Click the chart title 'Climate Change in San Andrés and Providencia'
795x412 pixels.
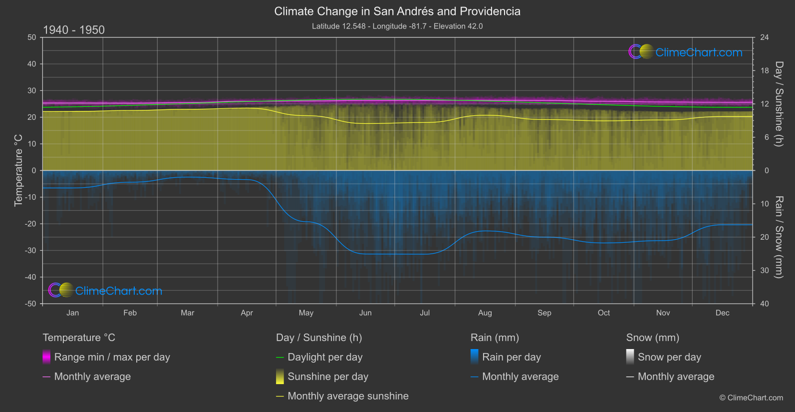(397, 11)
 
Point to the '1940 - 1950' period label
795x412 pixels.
(74, 30)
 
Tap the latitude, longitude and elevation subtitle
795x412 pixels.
(397, 26)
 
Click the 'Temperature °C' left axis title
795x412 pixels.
(18, 170)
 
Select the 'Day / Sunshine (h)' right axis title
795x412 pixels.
(779, 104)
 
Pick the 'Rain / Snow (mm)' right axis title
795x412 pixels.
(779, 237)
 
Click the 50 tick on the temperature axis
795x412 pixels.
(32, 37)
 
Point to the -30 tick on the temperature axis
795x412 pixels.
(30, 250)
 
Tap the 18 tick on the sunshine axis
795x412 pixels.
(765, 71)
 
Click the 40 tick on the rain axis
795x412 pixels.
(765, 304)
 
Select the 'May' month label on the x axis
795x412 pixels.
(306, 313)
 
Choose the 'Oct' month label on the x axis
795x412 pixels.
(604, 313)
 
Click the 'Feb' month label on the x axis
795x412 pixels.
(130, 313)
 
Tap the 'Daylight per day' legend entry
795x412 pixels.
(325, 357)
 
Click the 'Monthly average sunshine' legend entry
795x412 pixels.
(348, 396)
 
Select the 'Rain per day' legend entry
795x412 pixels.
(511, 357)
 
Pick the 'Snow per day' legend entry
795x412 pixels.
(669, 357)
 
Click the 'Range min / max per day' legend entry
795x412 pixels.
(112, 357)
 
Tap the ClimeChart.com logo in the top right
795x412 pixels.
(686, 52)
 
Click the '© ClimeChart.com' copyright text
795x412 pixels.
(751, 398)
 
